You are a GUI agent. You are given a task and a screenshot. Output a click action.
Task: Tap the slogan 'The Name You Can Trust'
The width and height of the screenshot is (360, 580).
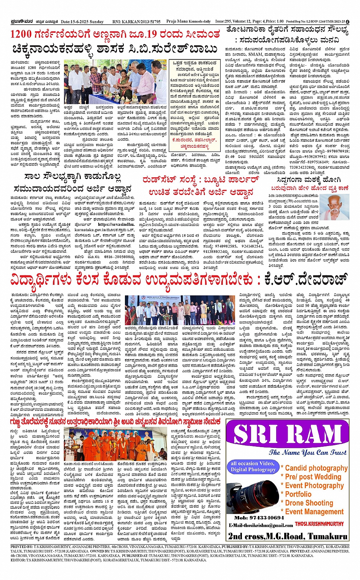click(308, 452)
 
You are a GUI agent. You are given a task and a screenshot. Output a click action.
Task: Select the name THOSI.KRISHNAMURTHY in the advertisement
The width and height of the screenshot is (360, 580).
click(319, 524)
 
